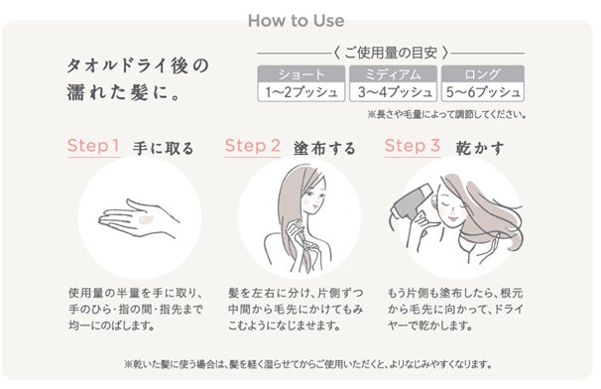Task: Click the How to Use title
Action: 296,20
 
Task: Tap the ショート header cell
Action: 301,74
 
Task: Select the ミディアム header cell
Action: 393,74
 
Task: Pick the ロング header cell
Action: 483,74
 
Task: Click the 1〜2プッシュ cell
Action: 301,92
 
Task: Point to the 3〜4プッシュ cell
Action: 393,92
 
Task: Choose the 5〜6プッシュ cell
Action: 483,92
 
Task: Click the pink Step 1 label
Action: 93,146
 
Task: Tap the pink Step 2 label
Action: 253,146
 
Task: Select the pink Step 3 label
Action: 412,146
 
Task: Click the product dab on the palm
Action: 145,220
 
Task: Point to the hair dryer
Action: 411,202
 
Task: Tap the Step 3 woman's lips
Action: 453,218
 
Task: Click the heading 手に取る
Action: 164,148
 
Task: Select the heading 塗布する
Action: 324,148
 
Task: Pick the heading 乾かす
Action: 479,148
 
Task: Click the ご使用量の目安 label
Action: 391,53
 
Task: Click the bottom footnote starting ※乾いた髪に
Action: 307,363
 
